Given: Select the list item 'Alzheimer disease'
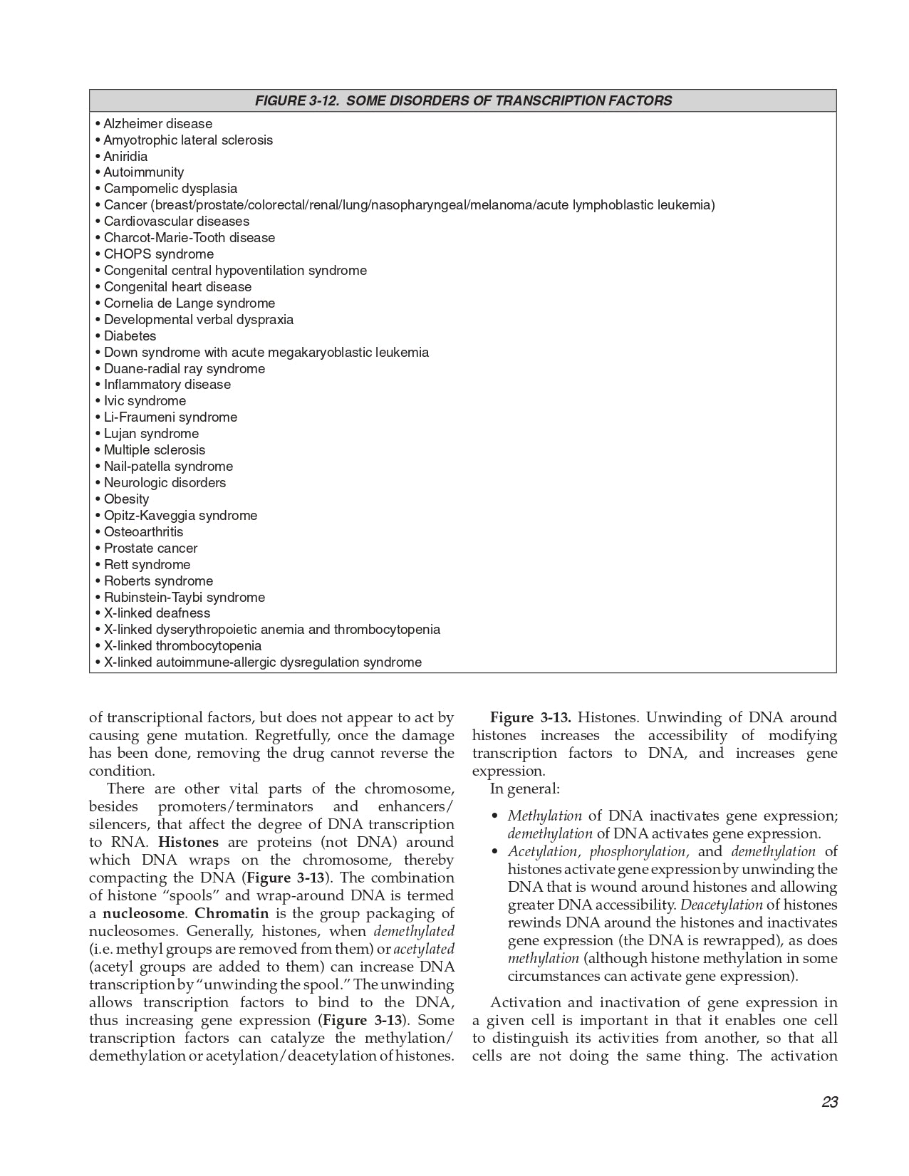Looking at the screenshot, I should click(x=157, y=124).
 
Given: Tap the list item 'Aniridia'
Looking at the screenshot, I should click(x=125, y=157).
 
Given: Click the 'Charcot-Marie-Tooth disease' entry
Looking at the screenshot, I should click(x=189, y=238).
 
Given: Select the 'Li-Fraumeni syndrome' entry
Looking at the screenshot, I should click(x=170, y=417).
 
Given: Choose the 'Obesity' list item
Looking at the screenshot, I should click(x=126, y=499).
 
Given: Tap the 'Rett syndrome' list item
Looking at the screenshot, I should click(x=147, y=565).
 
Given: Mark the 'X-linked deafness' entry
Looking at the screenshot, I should click(x=157, y=613).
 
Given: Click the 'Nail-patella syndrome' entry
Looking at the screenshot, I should click(x=168, y=467).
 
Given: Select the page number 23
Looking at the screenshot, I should click(x=829, y=1102).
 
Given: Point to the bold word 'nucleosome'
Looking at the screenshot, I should click(x=143, y=913).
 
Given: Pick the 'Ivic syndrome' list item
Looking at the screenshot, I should click(x=145, y=401).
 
